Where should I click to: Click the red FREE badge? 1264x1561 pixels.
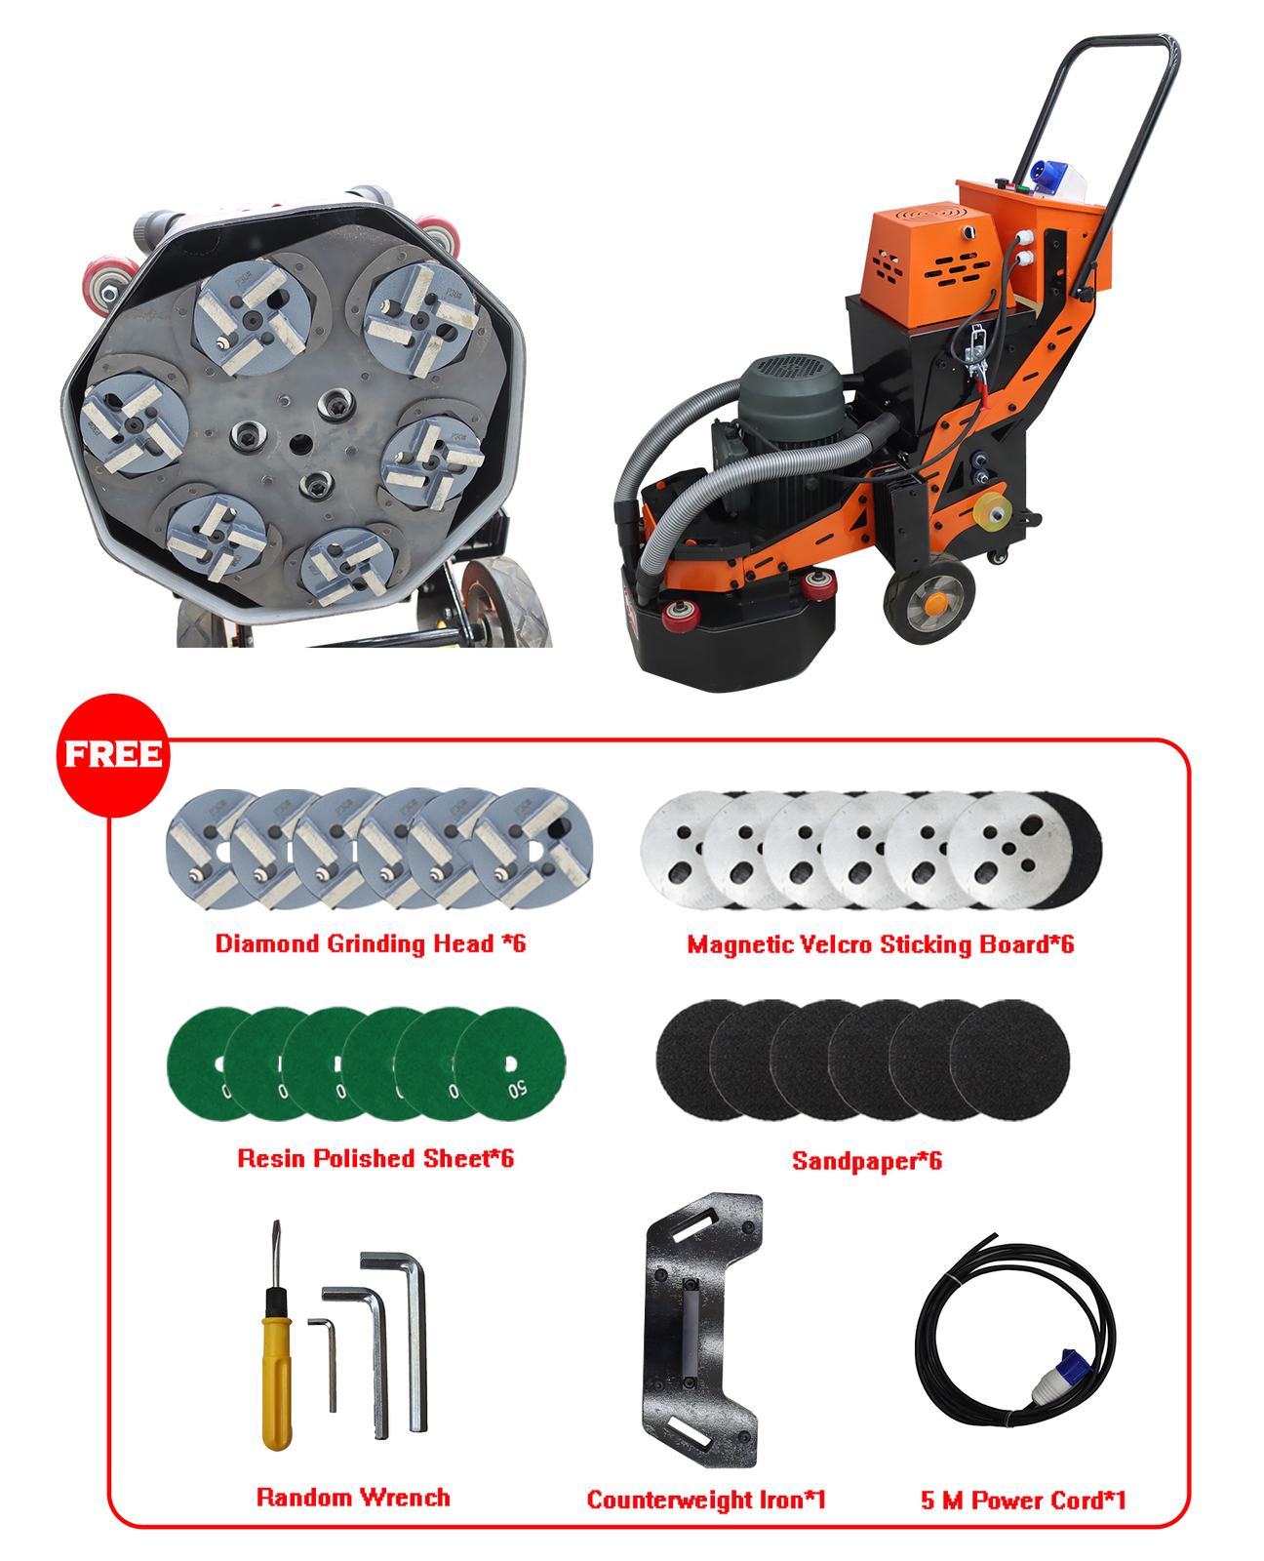[x=113, y=755]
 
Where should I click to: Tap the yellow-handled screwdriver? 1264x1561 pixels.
[x=276, y=1366]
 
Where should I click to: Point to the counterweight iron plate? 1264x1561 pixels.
[x=700, y=1332]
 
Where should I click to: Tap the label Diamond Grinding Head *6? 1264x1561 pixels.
[x=371, y=943]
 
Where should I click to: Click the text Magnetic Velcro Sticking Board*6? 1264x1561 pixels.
[x=880, y=944]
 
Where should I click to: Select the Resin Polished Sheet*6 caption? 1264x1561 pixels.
[x=375, y=1158]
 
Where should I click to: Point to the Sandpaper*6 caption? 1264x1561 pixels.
[x=866, y=1160]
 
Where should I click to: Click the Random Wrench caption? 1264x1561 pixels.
[x=353, y=1498]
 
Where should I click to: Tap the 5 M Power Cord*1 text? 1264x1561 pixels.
[x=1023, y=1500]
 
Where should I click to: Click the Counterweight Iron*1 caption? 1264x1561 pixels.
[x=706, y=1500]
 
